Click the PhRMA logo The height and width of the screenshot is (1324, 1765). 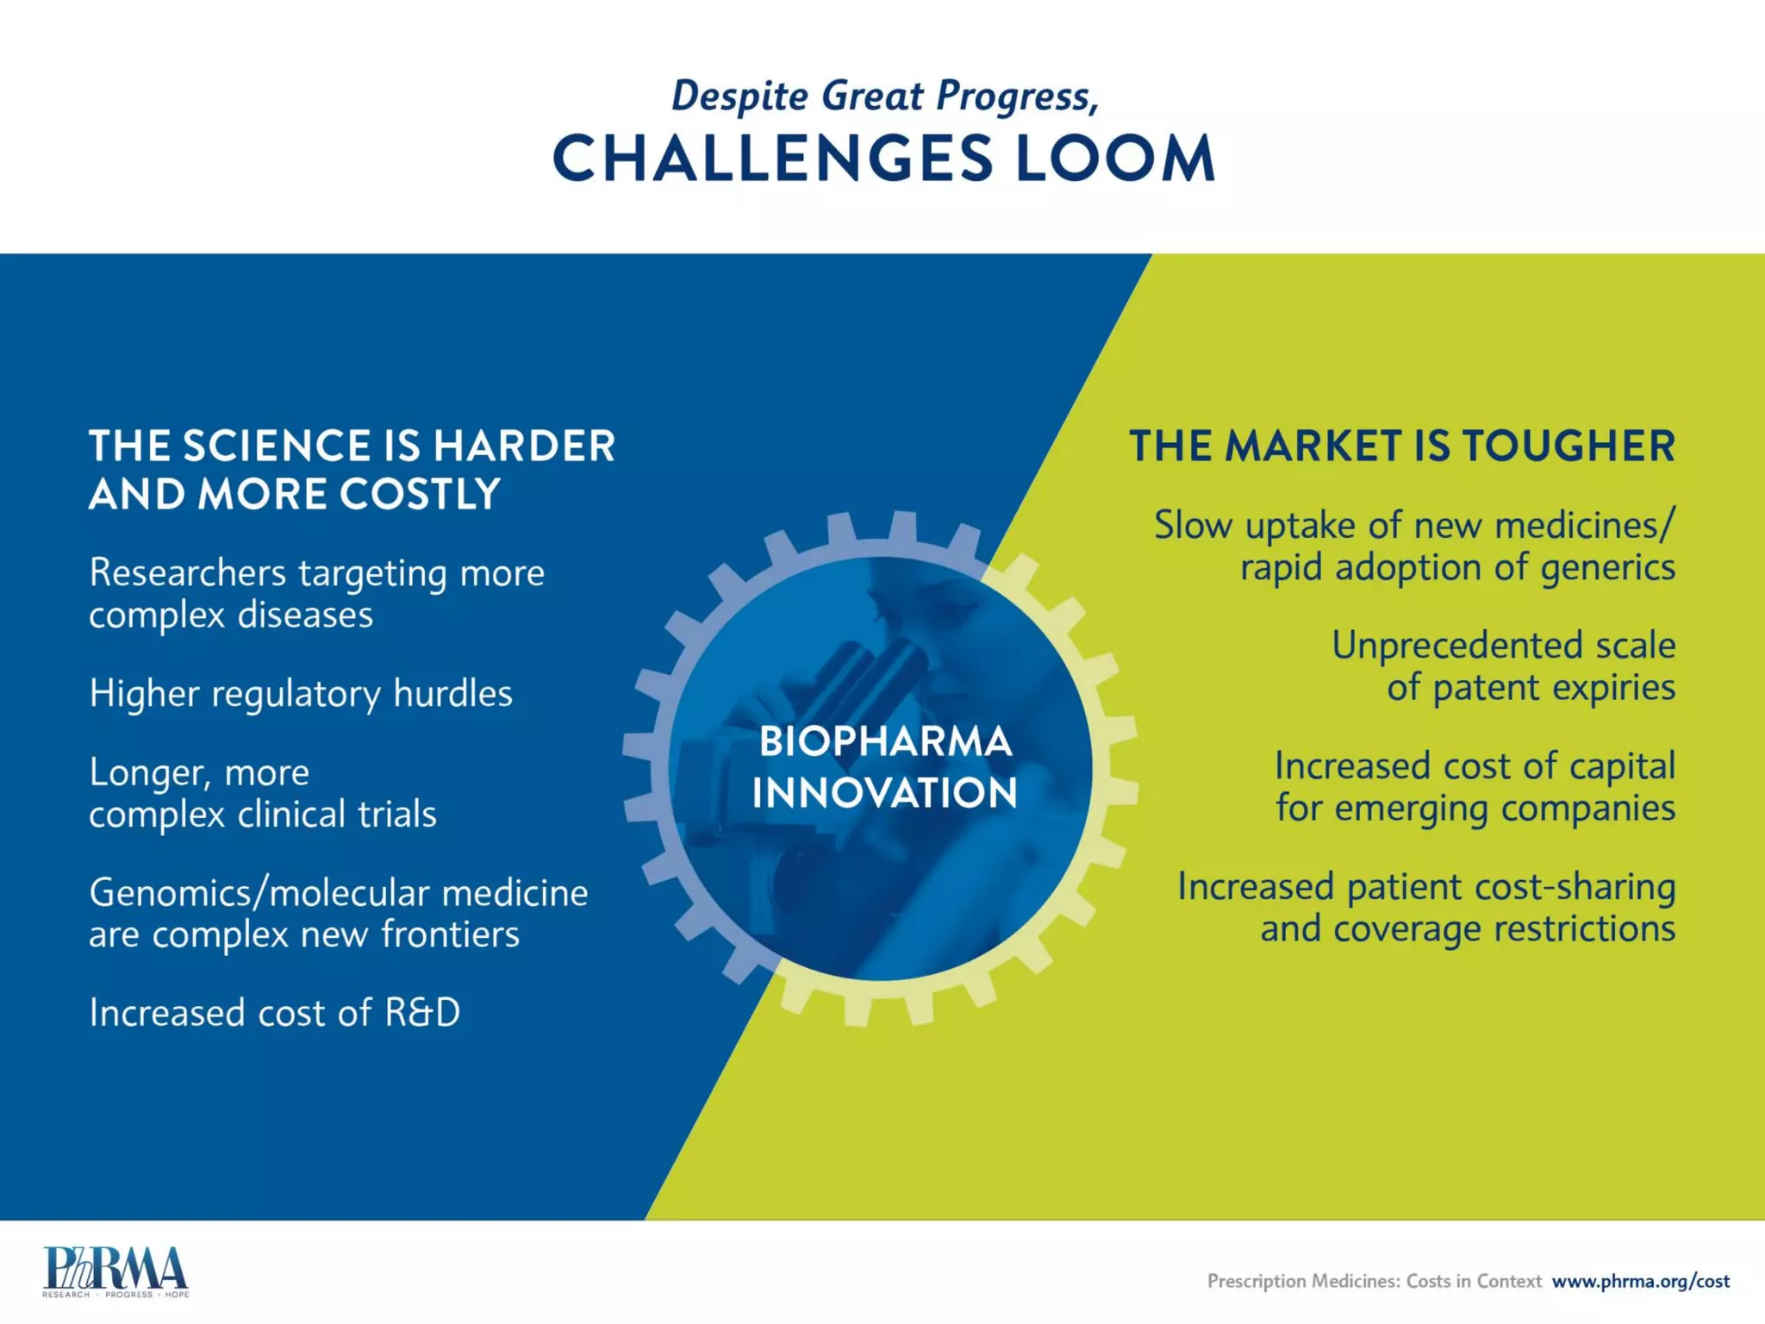[x=115, y=1271]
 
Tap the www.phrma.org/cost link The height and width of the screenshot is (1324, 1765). [x=1640, y=1281]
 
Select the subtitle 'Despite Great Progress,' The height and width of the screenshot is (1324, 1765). [x=885, y=96]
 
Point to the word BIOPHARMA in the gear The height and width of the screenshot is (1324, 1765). [x=885, y=741]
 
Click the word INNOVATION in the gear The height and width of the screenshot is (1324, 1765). [x=885, y=793]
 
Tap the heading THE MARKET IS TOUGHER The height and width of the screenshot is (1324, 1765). [x=1402, y=446]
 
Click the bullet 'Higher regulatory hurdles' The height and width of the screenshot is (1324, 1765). [x=301, y=694]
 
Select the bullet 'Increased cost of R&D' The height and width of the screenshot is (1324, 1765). [x=274, y=1013]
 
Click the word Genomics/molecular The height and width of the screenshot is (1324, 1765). [x=259, y=893]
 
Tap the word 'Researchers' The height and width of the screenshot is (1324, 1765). [x=187, y=573]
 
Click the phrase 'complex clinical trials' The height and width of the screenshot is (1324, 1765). [x=263, y=815]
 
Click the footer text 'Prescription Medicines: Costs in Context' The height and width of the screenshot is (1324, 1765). [x=1374, y=1281]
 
